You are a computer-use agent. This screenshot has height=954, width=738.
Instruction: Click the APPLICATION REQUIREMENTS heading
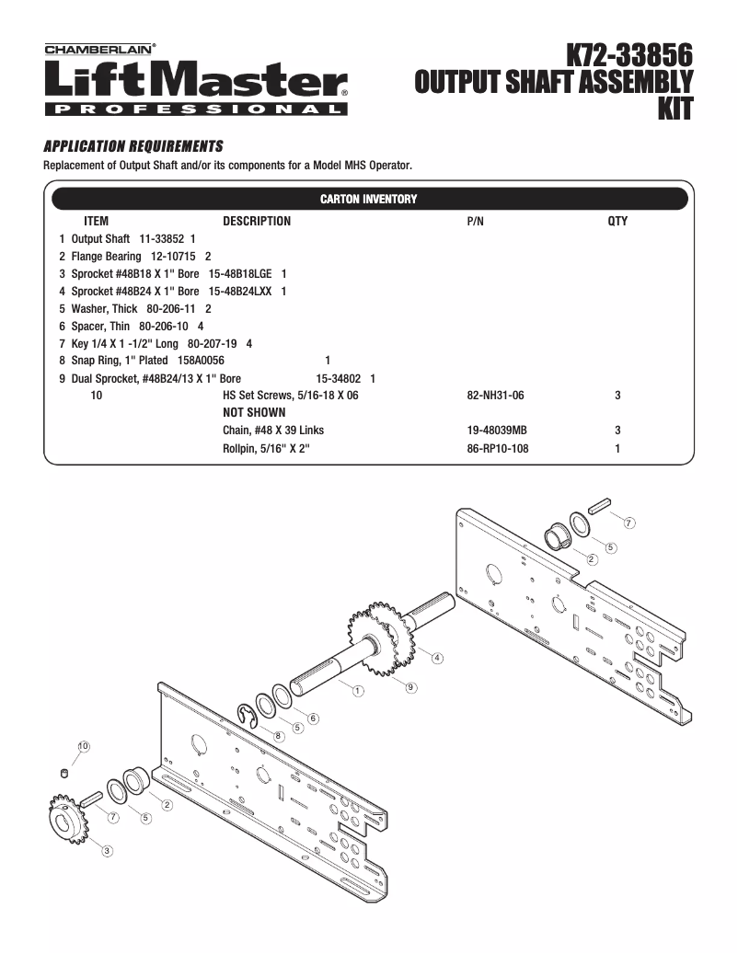pos(133,146)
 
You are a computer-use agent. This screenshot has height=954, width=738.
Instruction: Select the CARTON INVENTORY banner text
pos(368,200)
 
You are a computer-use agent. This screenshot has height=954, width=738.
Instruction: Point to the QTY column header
pos(617,222)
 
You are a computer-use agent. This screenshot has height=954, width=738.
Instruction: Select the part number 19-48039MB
pos(497,431)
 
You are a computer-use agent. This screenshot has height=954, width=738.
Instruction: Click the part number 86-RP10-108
pos(498,449)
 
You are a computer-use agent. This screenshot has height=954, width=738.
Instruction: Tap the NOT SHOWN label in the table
pos(254,413)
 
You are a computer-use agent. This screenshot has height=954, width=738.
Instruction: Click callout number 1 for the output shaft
pos(358,690)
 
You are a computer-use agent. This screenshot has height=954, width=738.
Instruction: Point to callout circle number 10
pos(84,746)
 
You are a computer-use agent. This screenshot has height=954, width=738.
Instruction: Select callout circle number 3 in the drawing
pos(108,850)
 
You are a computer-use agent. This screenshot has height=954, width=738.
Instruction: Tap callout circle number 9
pos(411,686)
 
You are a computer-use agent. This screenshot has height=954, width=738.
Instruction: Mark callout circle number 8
pos(279,737)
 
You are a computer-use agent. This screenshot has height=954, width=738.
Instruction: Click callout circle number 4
pos(437,658)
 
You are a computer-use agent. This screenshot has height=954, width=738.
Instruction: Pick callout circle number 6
pos(314,718)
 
